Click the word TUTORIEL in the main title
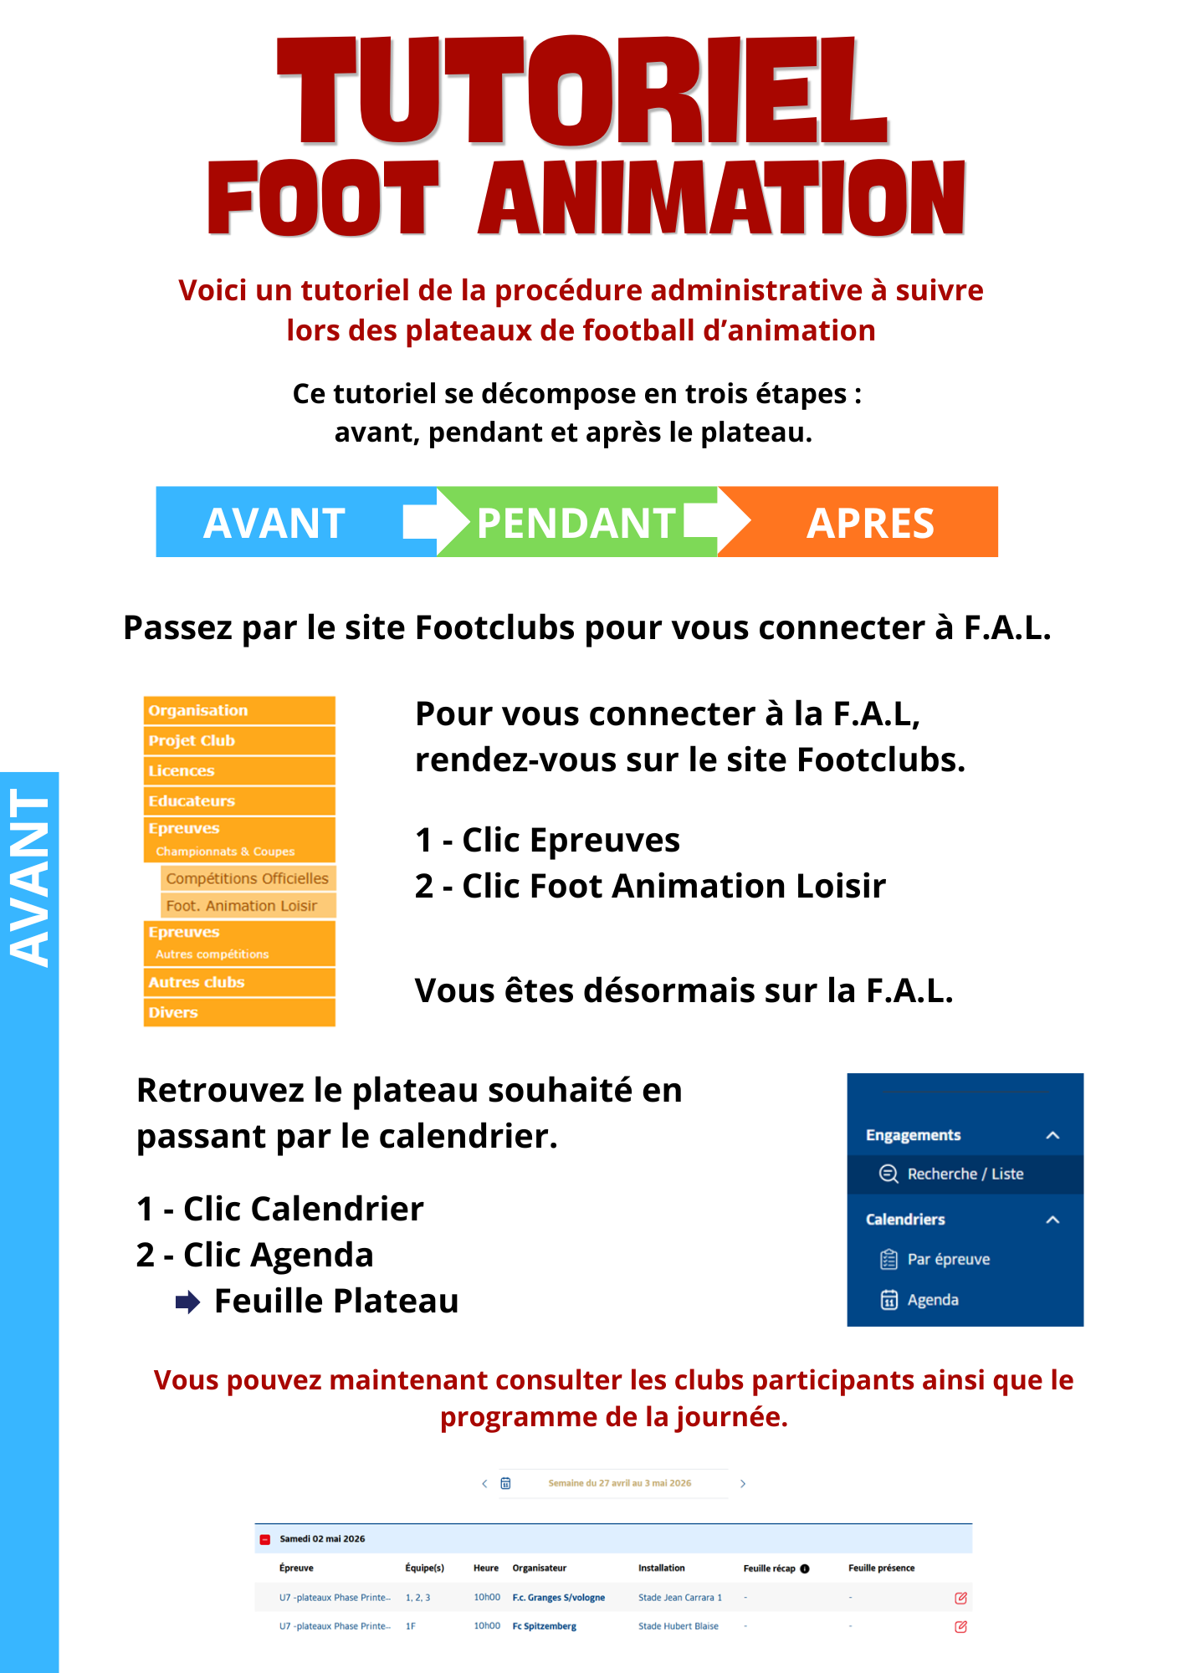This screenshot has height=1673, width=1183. coord(582,92)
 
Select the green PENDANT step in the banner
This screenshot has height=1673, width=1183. coord(576,523)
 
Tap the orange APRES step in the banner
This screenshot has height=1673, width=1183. coord(870,523)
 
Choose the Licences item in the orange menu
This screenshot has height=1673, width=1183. coord(239,770)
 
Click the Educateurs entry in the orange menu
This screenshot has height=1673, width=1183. coord(239,801)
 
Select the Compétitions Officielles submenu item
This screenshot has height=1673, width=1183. coord(248,878)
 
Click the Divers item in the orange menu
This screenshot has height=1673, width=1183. coord(239,1012)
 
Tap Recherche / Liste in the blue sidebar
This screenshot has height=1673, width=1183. coord(965,1174)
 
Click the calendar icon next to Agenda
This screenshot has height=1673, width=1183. coord(889,1300)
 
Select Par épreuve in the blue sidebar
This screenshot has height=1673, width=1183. coord(948,1259)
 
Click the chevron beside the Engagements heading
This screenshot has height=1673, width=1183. coord(1052,1135)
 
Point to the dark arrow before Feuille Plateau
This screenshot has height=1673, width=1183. coord(187,1302)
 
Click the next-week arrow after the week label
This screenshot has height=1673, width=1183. coord(742,1483)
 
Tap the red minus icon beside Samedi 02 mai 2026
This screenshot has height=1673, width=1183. coord(265,1539)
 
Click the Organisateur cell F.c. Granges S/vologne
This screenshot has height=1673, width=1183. coord(558,1597)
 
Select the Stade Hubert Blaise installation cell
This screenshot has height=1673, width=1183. coord(678,1626)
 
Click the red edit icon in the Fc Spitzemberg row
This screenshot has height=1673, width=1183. coord(960,1627)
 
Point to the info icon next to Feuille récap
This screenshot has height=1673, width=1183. coord(805,1568)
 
